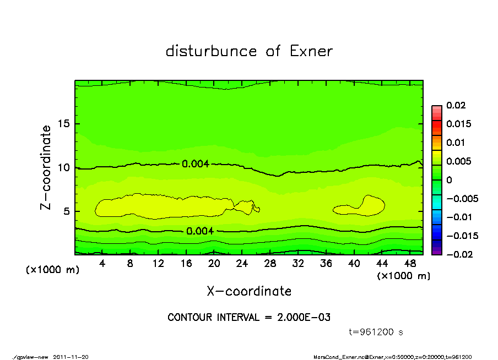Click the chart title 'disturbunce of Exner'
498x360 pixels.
(249, 51)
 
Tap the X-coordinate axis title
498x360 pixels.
(249, 291)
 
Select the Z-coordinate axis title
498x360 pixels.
(46, 167)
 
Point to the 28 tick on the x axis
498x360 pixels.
(270, 264)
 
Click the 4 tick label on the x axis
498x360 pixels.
(102, 264)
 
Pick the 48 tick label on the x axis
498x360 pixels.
(410, 264)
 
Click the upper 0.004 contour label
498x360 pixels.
(196, 163)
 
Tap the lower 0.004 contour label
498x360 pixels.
(200, 231)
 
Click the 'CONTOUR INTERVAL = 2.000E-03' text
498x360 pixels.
(249, 318)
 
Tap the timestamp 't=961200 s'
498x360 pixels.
(377, 332)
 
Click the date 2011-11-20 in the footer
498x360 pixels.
(71, 357)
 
